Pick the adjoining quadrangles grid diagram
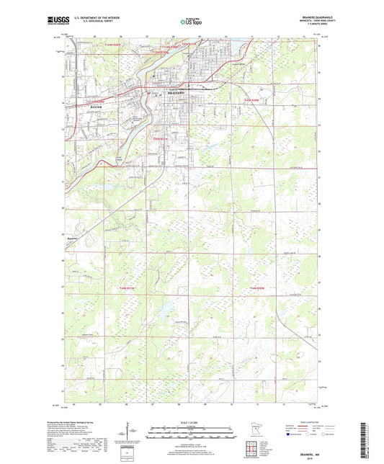click(x=253, y=452)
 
